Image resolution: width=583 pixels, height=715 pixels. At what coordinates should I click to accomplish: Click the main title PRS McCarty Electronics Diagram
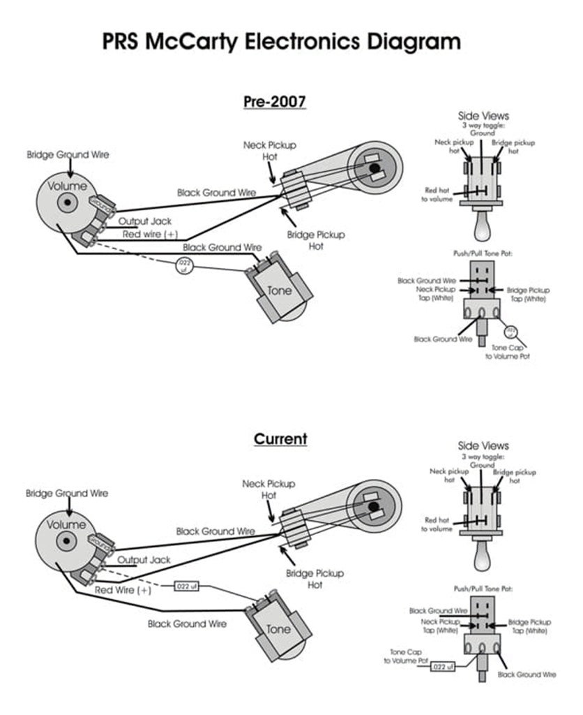282,41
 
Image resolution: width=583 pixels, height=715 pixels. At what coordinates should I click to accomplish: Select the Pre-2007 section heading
275,101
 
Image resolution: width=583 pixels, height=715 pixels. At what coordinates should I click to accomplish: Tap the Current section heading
280,439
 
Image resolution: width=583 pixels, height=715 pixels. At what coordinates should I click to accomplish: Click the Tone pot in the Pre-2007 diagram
278,288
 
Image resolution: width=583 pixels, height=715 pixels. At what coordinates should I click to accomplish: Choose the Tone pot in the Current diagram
277,627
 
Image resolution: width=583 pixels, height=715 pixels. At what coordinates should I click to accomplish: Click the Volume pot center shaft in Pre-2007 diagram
67,203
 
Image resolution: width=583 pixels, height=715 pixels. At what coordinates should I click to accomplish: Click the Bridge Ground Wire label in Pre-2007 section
68,154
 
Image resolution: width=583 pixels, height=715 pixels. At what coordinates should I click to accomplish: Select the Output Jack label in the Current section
144,560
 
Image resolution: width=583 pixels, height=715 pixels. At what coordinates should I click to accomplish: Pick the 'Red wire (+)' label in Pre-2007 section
150,234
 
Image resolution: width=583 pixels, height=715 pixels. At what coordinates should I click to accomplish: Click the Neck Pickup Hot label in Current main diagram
268,489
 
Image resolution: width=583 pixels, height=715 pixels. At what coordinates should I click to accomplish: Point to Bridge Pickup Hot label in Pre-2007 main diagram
316,240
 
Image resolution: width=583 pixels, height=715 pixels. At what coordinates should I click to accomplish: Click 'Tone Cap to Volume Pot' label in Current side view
404,656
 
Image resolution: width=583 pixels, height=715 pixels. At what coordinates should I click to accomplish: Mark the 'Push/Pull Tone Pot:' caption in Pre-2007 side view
483,253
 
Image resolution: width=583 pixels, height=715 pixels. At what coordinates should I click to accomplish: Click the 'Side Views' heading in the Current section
483,445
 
